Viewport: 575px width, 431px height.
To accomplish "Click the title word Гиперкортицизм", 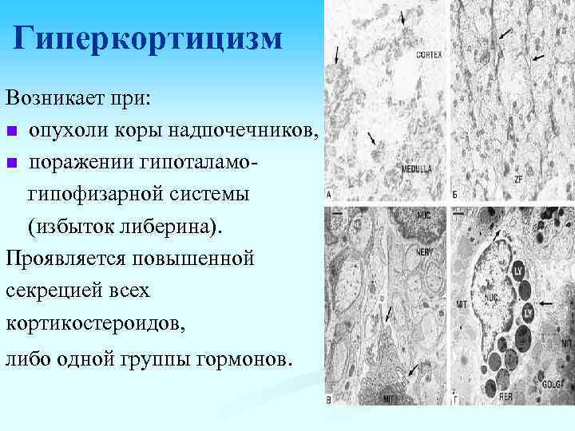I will (x=149, y=38).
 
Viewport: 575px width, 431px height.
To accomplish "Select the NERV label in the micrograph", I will (x=424, y=251).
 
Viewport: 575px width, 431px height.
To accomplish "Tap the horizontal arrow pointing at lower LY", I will (x=549, y=303).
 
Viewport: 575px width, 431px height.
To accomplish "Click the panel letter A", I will (x=330, y=195).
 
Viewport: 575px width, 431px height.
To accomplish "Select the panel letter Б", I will (x=454, y=195).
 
